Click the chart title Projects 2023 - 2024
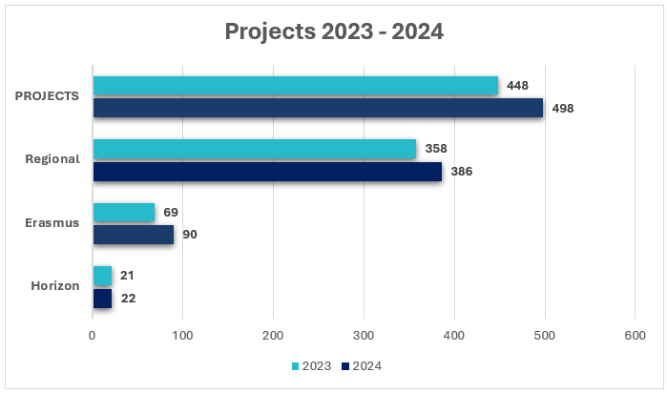[333, 31]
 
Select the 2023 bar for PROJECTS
[295, 86]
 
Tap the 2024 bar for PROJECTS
[318, 108]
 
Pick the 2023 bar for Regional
[254, 149]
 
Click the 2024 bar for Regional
[267, 172]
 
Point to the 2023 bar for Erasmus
[123, 212]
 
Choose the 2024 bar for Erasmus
[133, 235]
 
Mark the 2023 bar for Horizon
[102, 276]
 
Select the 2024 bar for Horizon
[102, 298]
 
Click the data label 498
[562, 108]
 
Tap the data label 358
[436, 149]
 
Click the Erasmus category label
[53, 223]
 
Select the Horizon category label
[54, 286]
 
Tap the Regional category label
[52, 159]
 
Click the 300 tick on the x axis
[364, 336]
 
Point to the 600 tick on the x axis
[635, 336]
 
